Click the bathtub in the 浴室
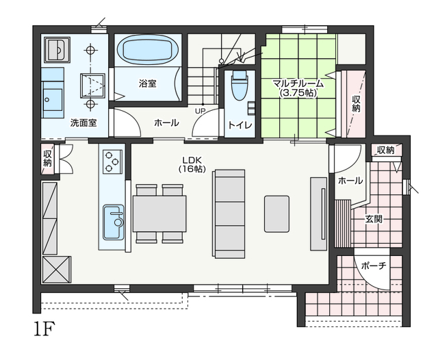click(148, 50)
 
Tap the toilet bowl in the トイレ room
click(240, 85)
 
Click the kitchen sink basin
click(114, 222)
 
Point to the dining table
click(159, 214)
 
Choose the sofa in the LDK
click(229, 214)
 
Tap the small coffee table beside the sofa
click(276, 214)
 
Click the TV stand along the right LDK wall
click(319, 214)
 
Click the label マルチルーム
click(298, 83)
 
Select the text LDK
click(192, 160)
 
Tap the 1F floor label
click(44, 329)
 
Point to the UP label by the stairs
click(201, 111)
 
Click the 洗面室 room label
click(83, 123)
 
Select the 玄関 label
click(374, 219)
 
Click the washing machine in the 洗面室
click(57, 50)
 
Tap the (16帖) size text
click(192, 169)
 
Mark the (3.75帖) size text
click(298, 93)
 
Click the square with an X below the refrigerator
click(57, 270)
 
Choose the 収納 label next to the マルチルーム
click(356, 103)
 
